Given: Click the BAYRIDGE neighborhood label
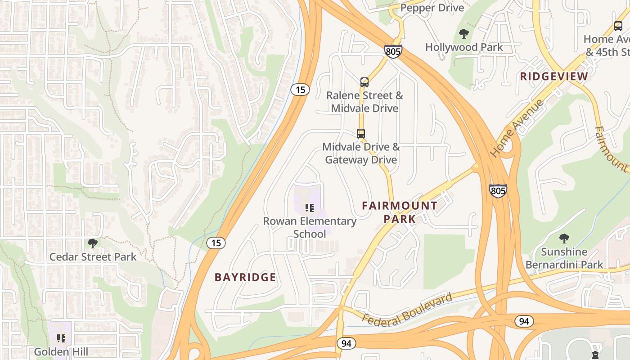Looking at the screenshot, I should tap(245, 277).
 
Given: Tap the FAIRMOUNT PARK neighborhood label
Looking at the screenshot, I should tap(399, 212).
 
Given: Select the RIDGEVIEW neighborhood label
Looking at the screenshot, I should tap(554, 76).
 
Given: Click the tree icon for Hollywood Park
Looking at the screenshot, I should tap(463, 33).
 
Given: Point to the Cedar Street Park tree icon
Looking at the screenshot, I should tap(93, 243).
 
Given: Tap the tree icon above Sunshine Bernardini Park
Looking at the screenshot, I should tap(564, 238).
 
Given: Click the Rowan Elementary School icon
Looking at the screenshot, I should tap(309, 207).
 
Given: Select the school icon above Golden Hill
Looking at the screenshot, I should tap(61, 338).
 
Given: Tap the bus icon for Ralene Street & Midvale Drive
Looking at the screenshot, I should tap(364, 82).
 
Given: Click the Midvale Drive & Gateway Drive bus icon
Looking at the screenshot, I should tap(361, 134).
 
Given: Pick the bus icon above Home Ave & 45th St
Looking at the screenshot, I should tap(618, 26).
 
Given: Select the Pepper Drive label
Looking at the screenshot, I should tap(432, 8).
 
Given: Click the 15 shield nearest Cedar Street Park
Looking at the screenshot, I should tap(216, 243).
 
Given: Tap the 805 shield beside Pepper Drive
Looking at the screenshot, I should tap(393, 51).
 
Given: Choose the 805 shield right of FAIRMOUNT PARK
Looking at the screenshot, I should tap(498, 191).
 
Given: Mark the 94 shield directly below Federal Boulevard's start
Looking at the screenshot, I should tap(346, 343).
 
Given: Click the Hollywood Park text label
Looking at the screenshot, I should tap(464, 47).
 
